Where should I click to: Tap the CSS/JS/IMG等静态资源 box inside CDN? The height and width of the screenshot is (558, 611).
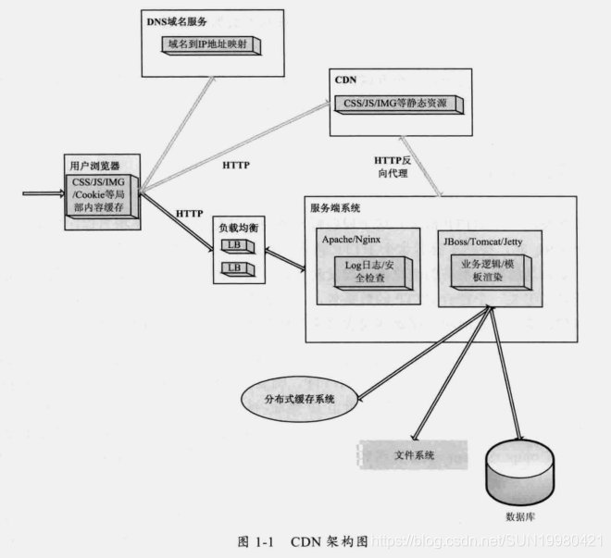pos(399,104)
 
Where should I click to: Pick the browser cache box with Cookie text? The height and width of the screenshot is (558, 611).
pos(102,195)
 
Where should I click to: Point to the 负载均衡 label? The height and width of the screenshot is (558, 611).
pos(236,225)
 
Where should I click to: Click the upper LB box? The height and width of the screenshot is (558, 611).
pos(235,245)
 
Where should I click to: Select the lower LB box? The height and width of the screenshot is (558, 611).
pos(235,268)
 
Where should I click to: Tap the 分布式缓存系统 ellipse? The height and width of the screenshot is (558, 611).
pos(298,400)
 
